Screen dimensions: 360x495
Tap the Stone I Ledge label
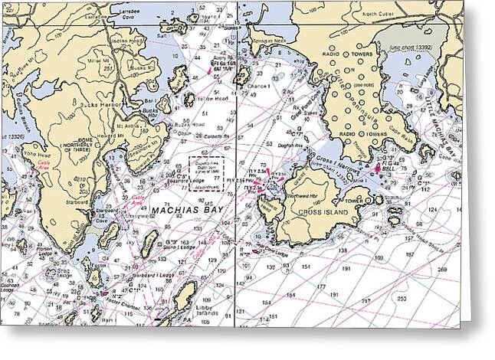coord(177,247)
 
